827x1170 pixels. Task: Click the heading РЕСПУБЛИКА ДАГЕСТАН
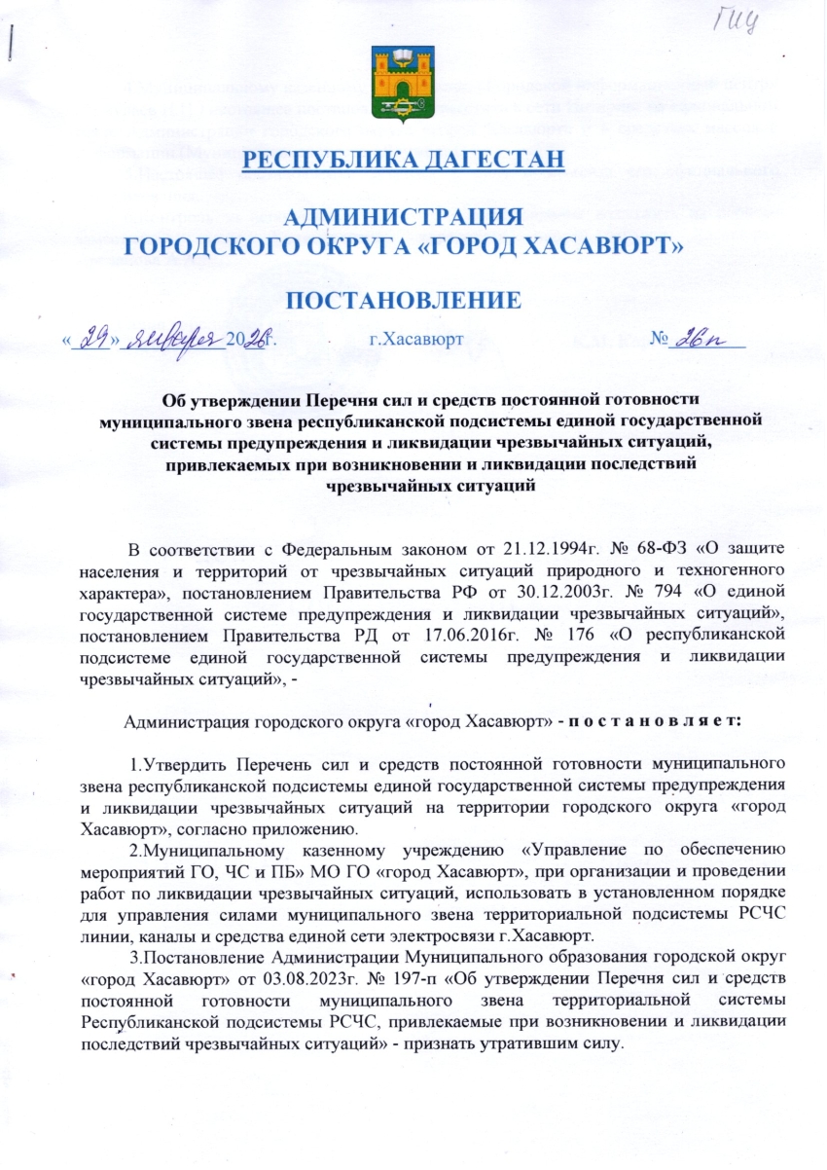[404, 159]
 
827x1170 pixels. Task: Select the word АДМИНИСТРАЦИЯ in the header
[403, 217]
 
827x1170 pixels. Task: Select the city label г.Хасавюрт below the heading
[416, 341]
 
